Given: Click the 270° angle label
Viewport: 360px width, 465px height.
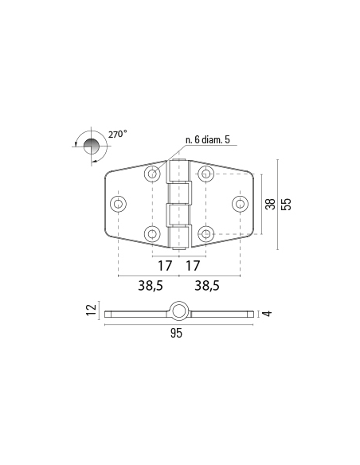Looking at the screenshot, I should (x=117, y=135).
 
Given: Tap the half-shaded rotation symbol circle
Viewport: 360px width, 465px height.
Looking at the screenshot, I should (x=92, y=146).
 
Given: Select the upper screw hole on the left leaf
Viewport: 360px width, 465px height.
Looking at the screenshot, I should (x=151, y=174).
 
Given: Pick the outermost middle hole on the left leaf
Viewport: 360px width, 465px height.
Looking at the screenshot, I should (x=118, y=204).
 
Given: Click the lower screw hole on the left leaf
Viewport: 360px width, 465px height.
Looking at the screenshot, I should (x=151, y=233).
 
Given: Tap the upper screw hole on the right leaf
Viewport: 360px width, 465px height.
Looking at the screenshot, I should (x=205, y=174).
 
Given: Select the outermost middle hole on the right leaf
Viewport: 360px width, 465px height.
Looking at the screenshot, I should (x=239, y=204).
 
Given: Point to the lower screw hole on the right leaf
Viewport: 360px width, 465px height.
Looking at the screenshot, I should (x=205, y=233).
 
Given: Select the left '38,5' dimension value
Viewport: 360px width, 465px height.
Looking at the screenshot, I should (x=148, y=285).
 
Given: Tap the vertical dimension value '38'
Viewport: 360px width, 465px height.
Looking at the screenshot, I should (x=271, y=204).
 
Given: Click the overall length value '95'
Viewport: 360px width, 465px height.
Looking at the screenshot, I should (x=176, y=334).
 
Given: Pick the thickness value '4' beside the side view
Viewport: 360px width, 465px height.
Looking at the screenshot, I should (x=268, y=314).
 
